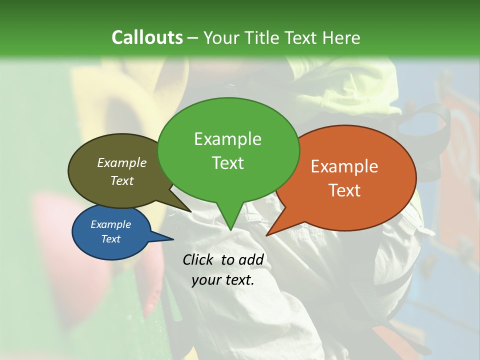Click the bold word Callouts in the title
click(147, 37)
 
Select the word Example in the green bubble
click(227, 139)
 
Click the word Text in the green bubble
click(227, 162)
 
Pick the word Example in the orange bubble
click(344, 166)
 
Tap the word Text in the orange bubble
click(344, 190)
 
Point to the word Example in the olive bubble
click(122, 162)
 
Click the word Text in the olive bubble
click(122, 180)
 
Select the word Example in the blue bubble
click(111, 224)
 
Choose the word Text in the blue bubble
click(111, 239)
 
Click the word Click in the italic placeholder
click(199, 259)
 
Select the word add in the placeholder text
click(251, 259)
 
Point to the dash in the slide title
click(193, 38)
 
